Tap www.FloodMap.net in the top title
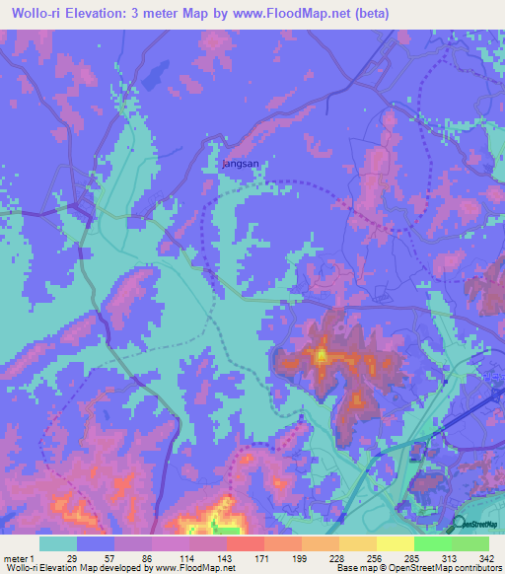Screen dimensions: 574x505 click(x=294, y=14)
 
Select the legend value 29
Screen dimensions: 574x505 click(x=71, y=557)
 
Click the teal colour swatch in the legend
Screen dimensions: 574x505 click(x=58, y=543)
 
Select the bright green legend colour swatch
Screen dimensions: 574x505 click(x=433, y=543)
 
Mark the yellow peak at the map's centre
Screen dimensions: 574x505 click(x=321, y=353)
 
